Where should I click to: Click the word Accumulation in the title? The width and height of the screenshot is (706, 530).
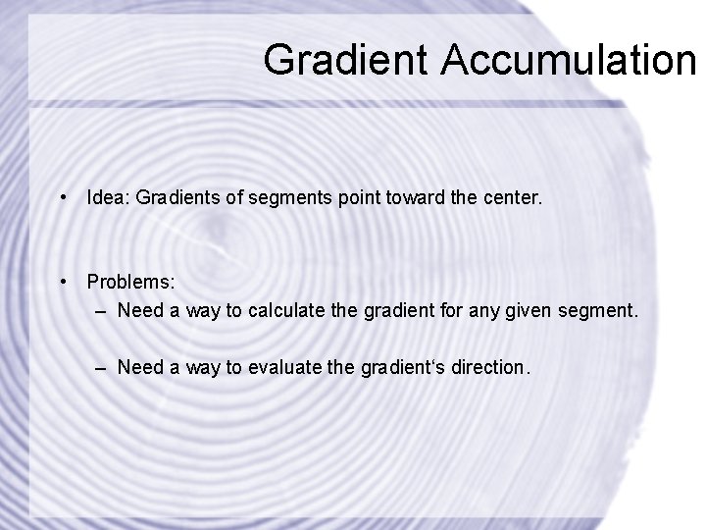(x=568, y=60)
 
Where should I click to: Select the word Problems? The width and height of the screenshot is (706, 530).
(x=130, y=283)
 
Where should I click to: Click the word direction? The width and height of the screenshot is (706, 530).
(x=489, y=367)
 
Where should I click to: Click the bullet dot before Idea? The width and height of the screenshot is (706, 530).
(x=63, y=198)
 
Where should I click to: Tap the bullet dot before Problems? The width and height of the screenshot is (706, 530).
(x=63, y=283)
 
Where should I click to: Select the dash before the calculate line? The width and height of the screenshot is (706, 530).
(x=103, y=312)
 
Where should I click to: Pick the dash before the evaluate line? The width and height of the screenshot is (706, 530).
(x=103, y=367)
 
